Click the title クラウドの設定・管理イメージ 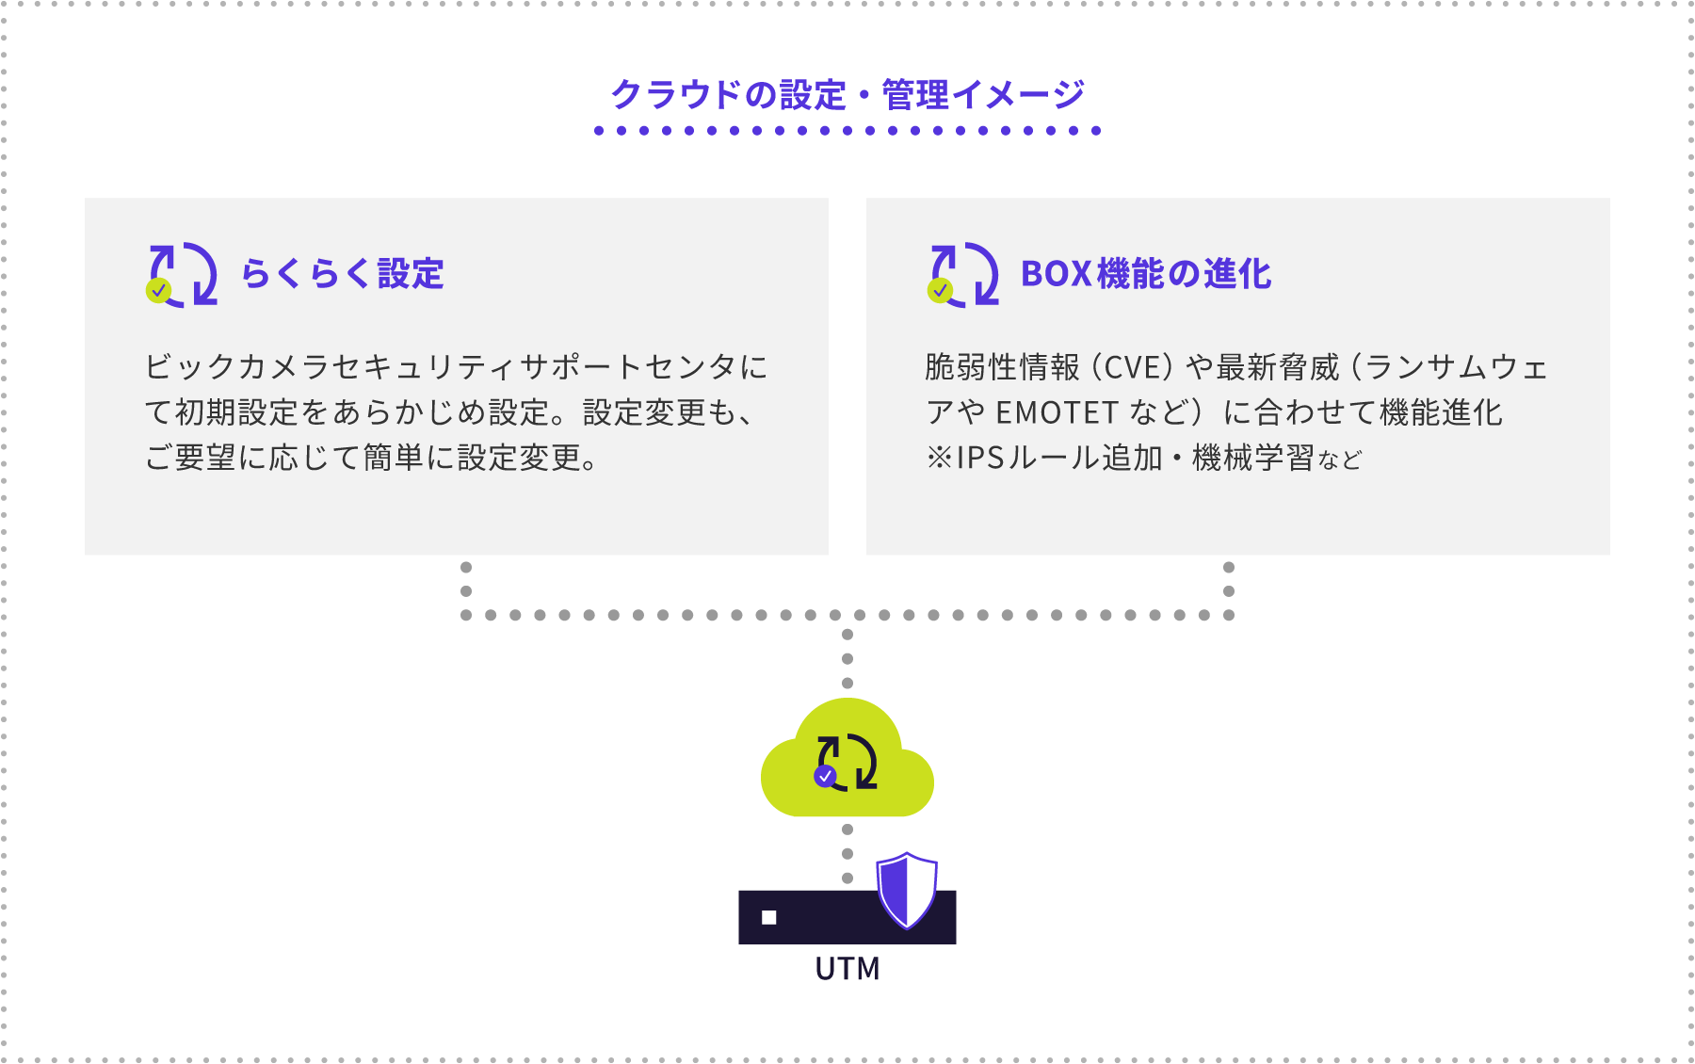847,95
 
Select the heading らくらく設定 343,274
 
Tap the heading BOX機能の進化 1146,274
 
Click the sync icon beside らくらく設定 183,274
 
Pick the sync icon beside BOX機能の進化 964,274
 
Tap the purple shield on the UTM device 906,890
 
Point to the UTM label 847,969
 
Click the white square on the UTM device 768,917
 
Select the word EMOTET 1057,412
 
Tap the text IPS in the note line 980,459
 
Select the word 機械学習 1252,459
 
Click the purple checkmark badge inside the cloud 825,777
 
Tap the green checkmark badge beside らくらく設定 158,291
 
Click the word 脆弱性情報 1002,367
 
